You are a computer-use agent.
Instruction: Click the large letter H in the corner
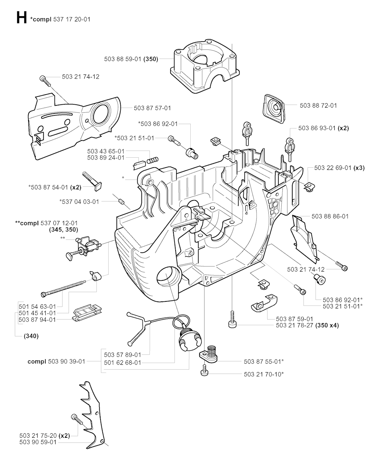click(x=21, y=18)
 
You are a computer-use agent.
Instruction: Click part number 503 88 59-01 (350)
click(x=131, y=59)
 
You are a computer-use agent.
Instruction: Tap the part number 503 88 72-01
click(x=318, y=105)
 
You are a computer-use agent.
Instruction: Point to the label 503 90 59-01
click(x=38, y=442)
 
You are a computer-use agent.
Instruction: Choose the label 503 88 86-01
click(x=330, y=216)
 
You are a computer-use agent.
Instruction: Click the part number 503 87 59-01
click(x=295, y=319)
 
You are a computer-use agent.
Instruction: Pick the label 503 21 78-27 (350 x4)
click(x=307, y=325)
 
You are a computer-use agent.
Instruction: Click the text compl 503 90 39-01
click(x=56, y=361)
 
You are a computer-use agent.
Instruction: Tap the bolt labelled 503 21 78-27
click(x=232, y=319)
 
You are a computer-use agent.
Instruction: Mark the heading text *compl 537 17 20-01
click(x=61, y=19)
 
